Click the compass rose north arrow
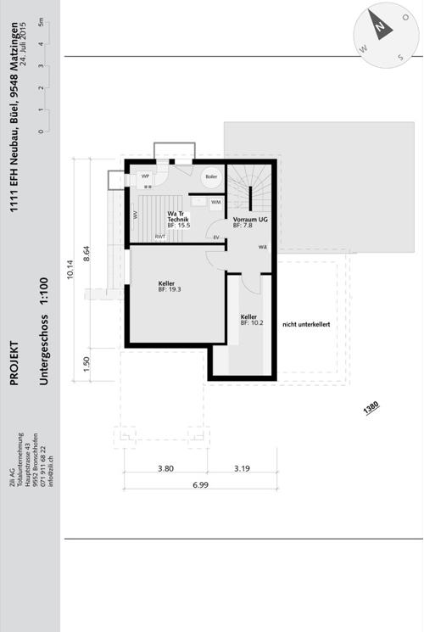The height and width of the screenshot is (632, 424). pos(382,29)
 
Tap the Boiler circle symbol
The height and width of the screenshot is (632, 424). pos(209,177)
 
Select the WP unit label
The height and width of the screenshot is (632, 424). pos(145,176)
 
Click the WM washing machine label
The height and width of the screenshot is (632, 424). pos(215,202)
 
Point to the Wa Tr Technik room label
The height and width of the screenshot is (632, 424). pos(177,219)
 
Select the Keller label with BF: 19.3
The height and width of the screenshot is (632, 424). pos(169,286)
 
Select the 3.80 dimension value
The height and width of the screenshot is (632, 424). pos(165,467)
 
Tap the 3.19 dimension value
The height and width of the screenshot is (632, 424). pos(240,467)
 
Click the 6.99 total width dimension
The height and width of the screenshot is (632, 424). pos(200,484)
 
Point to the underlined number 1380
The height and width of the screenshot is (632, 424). pos(371,408)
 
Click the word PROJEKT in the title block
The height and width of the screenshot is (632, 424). pos(14,363)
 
